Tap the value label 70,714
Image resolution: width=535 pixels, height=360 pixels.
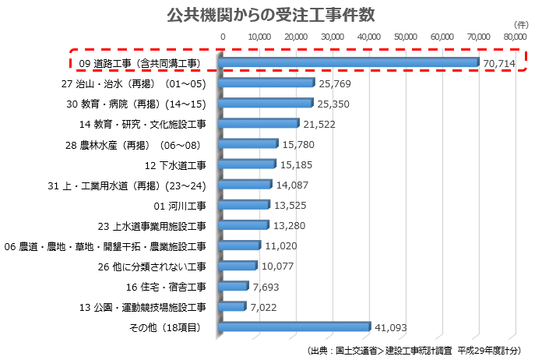click(498, 63)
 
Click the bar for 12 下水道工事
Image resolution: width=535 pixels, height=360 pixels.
click(248, 164)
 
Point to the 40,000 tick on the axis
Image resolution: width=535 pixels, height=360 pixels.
click(369, 36)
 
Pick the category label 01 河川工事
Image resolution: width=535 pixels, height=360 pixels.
click(181, 206)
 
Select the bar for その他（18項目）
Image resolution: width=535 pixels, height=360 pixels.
click(295, 327)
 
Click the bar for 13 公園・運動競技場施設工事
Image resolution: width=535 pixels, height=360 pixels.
click(233, 307)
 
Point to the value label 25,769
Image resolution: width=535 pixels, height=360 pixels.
click(335, 83)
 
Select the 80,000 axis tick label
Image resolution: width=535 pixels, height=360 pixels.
click(515, 36)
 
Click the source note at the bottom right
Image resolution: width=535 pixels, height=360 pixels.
click(414, 350)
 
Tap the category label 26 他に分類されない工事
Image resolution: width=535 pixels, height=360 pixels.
click(152, 266)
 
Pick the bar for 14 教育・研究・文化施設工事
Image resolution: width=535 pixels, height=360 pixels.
click(259, 124)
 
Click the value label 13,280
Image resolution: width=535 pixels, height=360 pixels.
click(290, 226)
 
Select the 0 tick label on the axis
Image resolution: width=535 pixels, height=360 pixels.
click(223, 36)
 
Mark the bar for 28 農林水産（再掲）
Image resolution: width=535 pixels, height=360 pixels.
click(249, 144)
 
